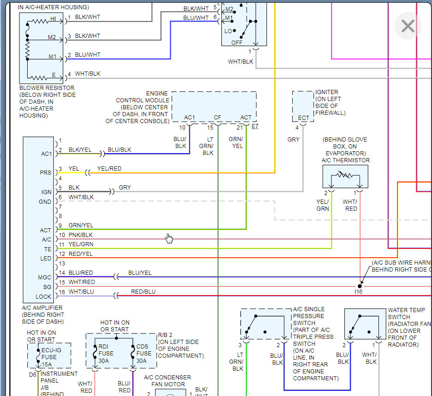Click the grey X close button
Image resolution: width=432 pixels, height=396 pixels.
408,26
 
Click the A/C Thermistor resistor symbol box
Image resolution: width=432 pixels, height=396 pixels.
345,177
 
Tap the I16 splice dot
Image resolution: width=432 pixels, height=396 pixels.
360,286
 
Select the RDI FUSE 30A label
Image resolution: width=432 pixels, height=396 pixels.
106,354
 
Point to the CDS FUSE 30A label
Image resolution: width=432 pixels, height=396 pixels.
143,354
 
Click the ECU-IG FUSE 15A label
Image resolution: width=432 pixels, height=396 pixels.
51,357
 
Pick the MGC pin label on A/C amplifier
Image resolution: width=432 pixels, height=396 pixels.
45,277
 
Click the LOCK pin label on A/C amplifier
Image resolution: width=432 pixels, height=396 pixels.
43,296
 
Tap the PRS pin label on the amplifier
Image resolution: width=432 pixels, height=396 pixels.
46,173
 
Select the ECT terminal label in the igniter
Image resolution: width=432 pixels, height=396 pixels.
303,118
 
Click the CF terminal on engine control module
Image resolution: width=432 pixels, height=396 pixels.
217,118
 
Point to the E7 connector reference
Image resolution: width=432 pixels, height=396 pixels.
255,126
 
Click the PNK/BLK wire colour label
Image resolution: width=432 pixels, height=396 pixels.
80,235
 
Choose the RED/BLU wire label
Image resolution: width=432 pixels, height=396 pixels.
143,291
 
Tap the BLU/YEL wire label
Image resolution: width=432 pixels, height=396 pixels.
140,273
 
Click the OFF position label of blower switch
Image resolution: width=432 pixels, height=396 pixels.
237,43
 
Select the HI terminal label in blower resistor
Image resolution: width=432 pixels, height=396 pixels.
53,19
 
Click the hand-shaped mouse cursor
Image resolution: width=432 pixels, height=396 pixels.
169,238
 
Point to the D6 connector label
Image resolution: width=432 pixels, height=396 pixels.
33,375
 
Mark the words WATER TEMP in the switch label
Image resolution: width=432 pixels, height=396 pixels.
406,310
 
